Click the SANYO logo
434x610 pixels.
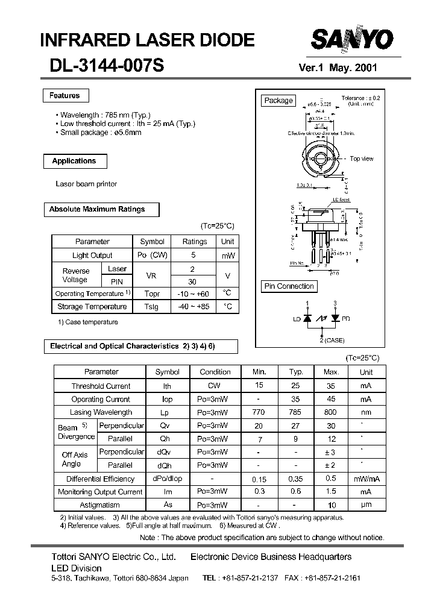point(352,40)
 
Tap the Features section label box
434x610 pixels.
point(65,95)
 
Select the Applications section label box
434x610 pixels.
point(74,161)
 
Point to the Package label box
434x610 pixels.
point(278,101)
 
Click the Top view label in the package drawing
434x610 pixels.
point(362,159)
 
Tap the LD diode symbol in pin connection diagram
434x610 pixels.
point(309,318)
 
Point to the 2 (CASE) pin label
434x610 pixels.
point(331,341)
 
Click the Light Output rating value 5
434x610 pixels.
point(195,256)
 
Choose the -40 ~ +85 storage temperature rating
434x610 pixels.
point(195,307)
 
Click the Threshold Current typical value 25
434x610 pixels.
point(295,386)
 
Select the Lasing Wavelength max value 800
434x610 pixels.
point(331,412)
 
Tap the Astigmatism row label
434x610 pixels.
point(100,505)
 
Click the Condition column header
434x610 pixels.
point(215,372)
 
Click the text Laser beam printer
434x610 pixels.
point(86,184)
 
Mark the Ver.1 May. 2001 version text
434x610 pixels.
point(338,68)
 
